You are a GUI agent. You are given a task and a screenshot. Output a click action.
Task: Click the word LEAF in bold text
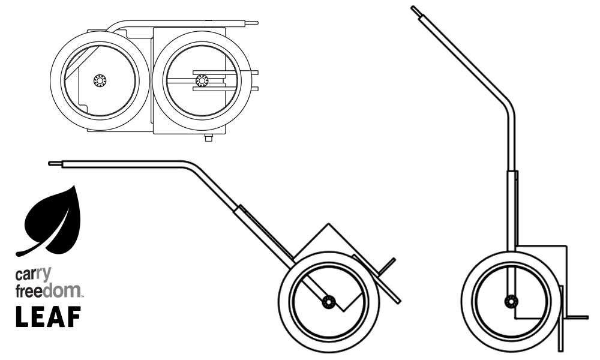click(x=48, y=317)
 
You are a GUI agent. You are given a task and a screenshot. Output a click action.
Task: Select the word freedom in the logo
click(x=49, y=291)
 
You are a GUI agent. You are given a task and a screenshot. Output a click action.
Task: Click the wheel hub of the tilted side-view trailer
click(x=328, y=302)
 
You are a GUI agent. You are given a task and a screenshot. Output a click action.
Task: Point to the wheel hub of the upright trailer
click(x=511, y=301)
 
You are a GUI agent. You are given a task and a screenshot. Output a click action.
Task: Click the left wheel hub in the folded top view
click(x=99, y=80)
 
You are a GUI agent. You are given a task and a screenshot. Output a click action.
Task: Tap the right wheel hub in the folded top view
click(x=202, y=80)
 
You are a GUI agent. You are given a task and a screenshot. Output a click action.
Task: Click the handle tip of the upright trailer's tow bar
click(x=414, y=9)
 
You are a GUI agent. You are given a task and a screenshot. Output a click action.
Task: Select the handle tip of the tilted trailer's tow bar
click(x=52, y=163)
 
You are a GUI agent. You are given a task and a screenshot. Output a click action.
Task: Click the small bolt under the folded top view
click(x=208, y=138)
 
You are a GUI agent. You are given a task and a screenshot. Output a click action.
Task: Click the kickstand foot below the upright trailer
click(x=561, y=348)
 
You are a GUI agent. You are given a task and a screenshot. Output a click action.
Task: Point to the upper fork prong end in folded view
click(x=256, y=72)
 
